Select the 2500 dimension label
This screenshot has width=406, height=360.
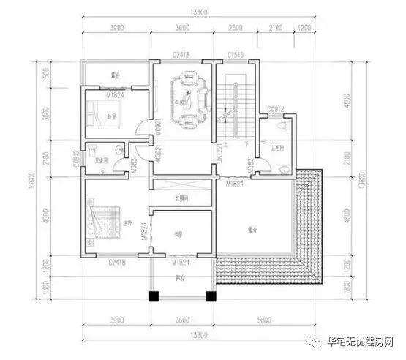235,28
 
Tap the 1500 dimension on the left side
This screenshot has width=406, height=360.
46,76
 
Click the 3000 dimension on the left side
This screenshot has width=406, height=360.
46,113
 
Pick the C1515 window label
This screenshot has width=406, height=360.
235,55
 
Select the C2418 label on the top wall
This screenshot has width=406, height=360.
182,55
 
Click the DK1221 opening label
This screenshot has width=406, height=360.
219,154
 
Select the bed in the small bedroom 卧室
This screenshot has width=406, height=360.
97,113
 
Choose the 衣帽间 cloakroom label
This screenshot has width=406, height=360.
181,198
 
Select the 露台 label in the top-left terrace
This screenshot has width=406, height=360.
116,75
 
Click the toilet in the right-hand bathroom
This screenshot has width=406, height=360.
282,125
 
